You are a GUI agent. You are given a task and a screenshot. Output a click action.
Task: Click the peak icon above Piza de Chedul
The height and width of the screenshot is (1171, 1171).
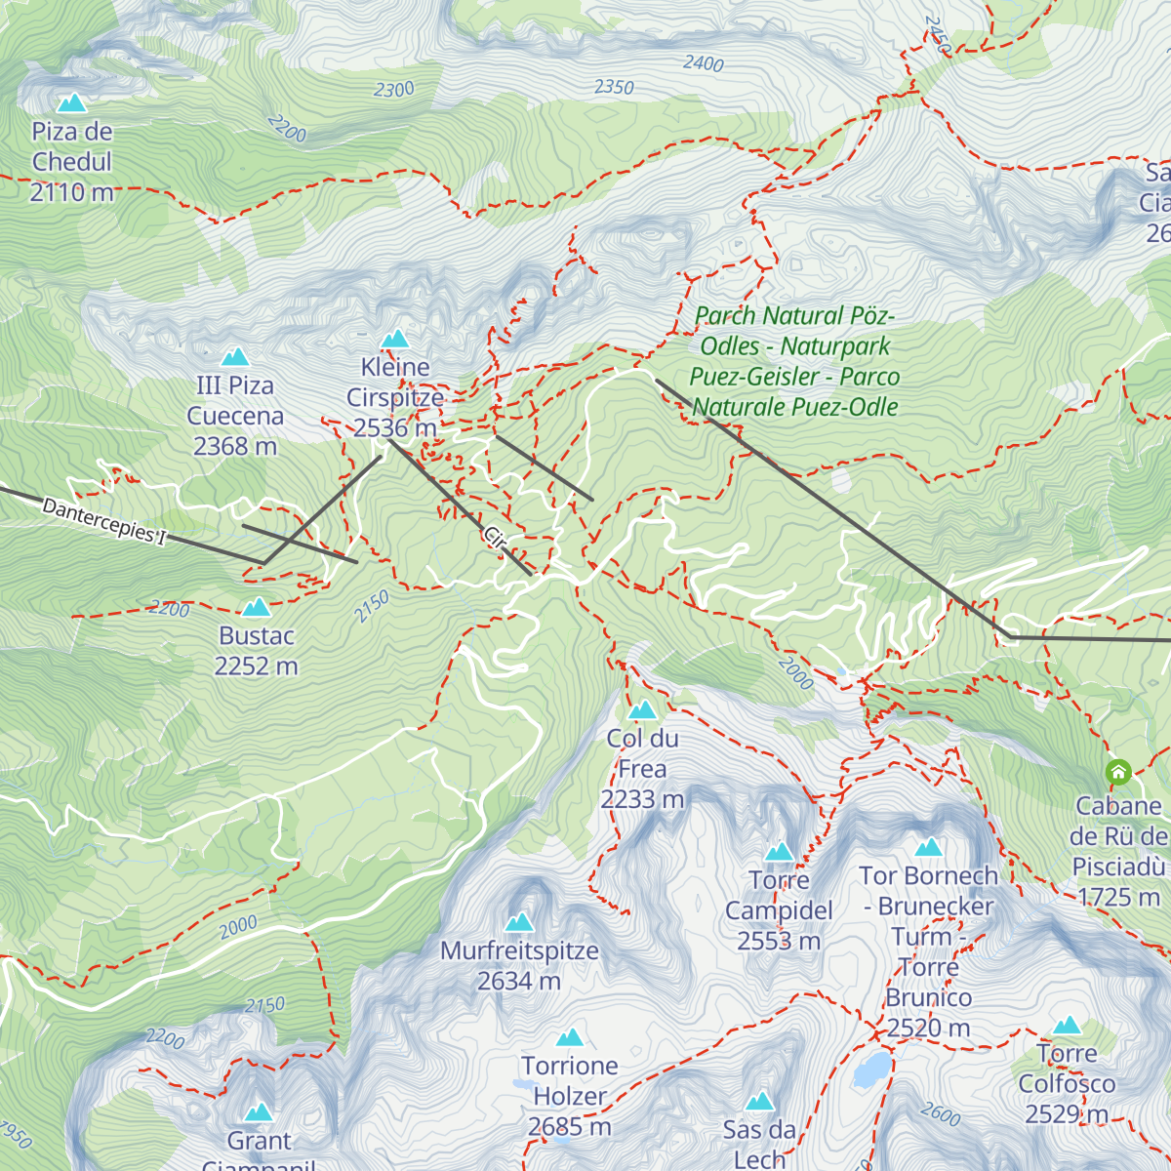[70, 102]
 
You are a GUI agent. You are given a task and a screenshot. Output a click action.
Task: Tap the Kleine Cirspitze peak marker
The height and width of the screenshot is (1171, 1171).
[394, 339]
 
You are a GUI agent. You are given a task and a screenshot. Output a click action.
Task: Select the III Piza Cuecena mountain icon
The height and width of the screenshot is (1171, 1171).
[234, 357]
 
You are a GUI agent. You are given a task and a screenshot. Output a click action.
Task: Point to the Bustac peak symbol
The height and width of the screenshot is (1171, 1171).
[256, 608]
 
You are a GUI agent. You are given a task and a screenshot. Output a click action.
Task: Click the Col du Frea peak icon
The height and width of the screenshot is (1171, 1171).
[642, 710]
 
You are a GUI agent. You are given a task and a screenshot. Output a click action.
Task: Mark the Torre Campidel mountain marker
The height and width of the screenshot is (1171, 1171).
[779, 852]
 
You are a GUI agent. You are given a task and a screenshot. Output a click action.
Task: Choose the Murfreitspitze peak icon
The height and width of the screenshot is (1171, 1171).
[519, 922]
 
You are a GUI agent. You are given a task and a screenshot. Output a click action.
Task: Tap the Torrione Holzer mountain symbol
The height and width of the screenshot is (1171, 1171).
[570, 1037]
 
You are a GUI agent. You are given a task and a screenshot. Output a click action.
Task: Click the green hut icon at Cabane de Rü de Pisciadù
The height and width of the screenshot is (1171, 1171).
[1118, 773]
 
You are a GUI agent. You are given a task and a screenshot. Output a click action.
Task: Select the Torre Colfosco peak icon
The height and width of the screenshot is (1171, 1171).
[1067, 1026]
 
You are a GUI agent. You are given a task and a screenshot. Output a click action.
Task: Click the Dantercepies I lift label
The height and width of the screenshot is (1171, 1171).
[104, 523]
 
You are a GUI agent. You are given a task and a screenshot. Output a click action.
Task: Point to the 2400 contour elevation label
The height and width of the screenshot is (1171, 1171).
[703, 63]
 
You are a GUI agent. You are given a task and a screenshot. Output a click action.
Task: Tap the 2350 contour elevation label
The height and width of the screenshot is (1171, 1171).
[614, 87]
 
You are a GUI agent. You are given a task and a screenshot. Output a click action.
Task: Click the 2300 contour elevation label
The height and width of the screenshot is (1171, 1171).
[393, 90]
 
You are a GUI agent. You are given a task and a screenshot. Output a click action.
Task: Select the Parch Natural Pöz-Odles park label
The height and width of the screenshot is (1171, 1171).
[794, 361]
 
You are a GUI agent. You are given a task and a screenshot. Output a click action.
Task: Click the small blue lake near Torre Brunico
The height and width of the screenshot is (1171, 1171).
[871, 1070]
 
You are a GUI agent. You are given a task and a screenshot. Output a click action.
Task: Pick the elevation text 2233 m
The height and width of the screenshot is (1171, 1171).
[642, 799]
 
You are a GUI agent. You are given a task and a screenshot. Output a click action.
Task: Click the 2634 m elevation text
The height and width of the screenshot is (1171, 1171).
[519, 981]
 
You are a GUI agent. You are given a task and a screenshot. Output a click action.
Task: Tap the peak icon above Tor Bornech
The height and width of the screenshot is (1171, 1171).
[928, 847]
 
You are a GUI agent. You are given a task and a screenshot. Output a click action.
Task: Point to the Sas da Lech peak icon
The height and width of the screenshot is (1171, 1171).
[759, 1103]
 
